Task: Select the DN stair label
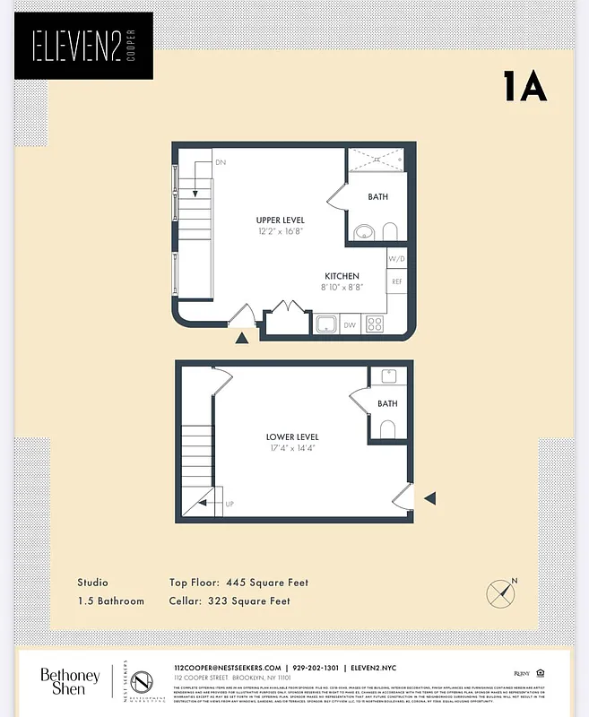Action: coord(220,163)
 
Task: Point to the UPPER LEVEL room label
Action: coord(280,220)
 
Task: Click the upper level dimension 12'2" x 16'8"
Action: coord(280,231)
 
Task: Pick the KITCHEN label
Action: coord(342,276)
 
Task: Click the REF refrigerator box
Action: coord(397,281)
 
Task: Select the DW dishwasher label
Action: coord(349,325)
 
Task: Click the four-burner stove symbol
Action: coord(375,324)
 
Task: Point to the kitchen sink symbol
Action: coord(325,324)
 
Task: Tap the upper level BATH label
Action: coord(378,197)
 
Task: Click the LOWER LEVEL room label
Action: coord(292,437)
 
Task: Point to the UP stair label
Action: coord(230,504)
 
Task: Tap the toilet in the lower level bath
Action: coord(388,429)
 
